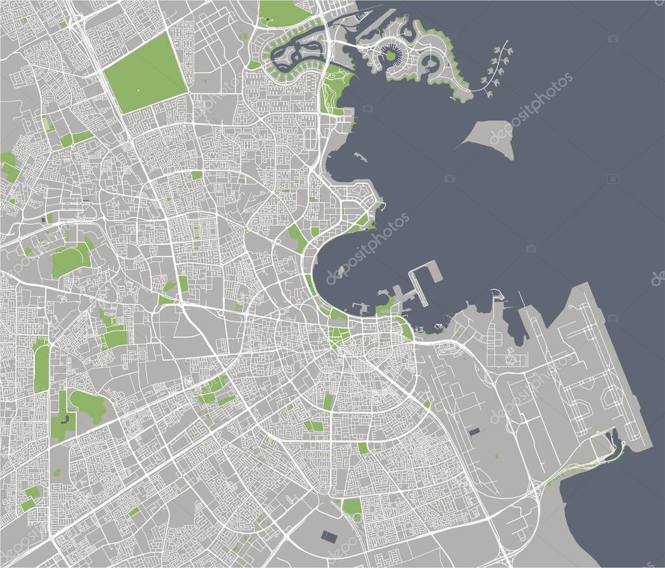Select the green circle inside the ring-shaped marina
click(391, 56)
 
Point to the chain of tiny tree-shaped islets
click(499, 66)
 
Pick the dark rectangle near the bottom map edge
click(330, 536)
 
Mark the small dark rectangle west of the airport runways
click(473, 431)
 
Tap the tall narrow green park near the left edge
click(41, 367)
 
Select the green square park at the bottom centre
click(352, 506)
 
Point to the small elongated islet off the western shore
click(361, 158)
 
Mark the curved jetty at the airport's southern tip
click(615, 442)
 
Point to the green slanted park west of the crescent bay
click(297, 238)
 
